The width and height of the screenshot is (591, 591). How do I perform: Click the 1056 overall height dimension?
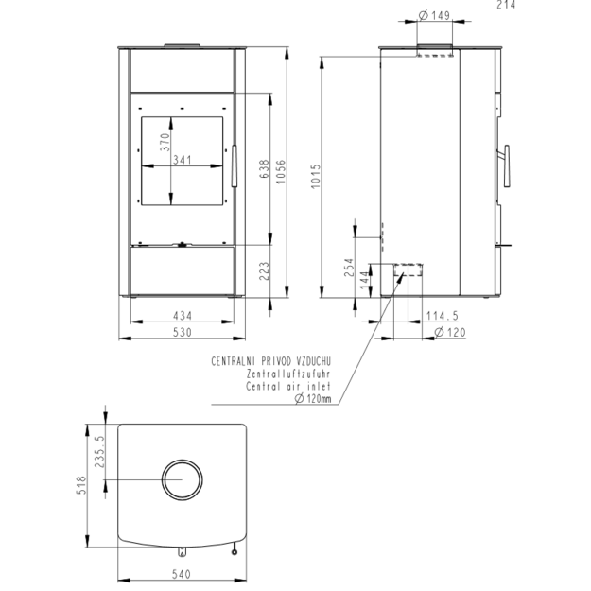[x=281, y=172]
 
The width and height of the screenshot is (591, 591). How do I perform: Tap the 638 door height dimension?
[x=265, y=169]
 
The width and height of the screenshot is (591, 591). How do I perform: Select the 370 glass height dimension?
[x=165, y=142]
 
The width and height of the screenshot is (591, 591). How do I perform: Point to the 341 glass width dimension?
[x=183, y=160]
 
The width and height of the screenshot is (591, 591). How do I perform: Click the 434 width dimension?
[x=183, y=316]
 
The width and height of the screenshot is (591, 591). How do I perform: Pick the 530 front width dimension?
[x=183, y=333]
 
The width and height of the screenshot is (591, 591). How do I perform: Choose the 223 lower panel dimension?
[x=265, y=271]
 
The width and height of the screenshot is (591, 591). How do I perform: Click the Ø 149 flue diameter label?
[x=434, y=15]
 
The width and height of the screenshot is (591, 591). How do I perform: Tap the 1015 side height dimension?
[x=316, y=176]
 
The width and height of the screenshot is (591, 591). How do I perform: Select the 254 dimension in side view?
[x=349, y=268]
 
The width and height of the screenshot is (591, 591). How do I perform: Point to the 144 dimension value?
[x=364, y=281]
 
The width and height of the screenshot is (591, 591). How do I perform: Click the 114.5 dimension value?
[x=443, y=316]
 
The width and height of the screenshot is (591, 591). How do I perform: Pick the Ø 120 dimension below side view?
[x=450, y=333]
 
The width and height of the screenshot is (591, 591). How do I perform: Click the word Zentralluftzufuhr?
[x=288, y=374]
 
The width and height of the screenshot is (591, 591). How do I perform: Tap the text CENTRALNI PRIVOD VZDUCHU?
[x=271, y=361]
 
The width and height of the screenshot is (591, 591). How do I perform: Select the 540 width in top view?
[x=182, y=574]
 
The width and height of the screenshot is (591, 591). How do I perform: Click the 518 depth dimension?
[x=81, y=485]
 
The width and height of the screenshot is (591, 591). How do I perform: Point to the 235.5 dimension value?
[x=99, y=452]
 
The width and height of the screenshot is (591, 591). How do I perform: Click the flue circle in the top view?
[x=183, y=460]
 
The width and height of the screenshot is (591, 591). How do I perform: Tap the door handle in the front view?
[x=235, y=165]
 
